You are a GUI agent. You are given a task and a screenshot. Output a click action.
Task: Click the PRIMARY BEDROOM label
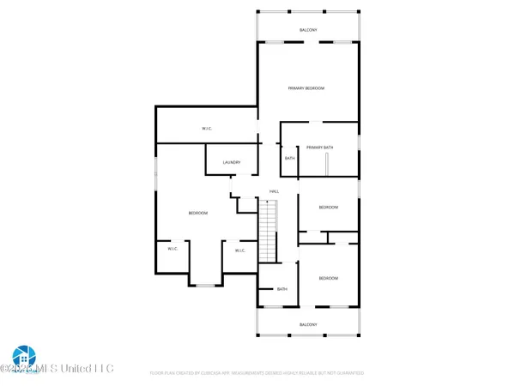(306, 88)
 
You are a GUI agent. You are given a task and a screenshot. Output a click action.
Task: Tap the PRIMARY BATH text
(319, 147)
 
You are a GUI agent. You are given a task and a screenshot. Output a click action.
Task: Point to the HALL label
(274, 190)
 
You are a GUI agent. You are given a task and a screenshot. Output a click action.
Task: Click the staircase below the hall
(270, 230)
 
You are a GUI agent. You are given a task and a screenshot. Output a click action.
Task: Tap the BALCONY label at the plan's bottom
(309, 324)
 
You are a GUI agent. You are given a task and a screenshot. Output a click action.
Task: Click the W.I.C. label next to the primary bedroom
(207, 130)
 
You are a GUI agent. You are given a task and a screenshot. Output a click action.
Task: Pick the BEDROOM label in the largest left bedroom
(198, 213)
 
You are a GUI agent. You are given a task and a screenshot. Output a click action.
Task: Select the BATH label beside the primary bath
(289, 158)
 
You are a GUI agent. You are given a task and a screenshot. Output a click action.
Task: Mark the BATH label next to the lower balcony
(282, 289)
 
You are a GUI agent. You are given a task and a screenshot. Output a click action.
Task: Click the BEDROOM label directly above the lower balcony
(329, 278)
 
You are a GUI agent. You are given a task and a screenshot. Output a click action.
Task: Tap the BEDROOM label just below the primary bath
(329, 207)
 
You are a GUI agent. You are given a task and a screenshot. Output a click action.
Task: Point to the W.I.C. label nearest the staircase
(240, 250)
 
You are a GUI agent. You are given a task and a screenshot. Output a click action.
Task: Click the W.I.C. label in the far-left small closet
(172, 249)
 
